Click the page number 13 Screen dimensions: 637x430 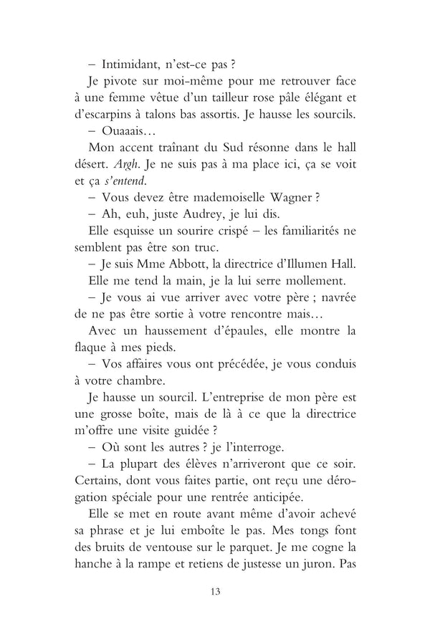[x=215, y=590]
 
